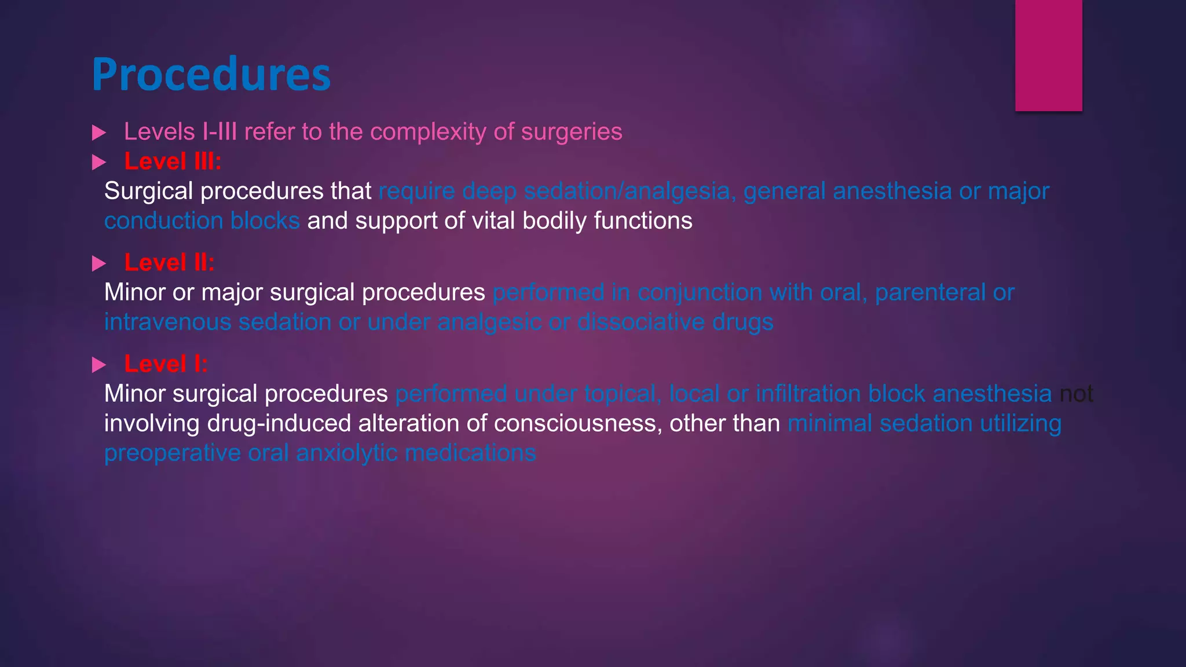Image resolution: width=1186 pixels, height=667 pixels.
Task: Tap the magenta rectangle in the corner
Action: click(x=1048, y=55)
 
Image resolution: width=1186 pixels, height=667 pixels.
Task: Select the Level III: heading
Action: click(x=173, y=162)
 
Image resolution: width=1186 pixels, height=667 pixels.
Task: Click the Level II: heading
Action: click(x=169, y=263)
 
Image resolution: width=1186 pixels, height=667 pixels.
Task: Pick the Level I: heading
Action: click(x=166, y=364)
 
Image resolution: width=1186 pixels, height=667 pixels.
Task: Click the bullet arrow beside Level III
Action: click(x=99, y=163)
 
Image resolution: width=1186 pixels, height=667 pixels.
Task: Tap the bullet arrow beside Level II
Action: click(x=99, y=264)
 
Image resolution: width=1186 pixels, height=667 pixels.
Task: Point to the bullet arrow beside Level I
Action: click(x=99, y=365)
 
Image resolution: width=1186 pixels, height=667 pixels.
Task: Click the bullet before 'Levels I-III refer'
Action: click(x=99, y=133)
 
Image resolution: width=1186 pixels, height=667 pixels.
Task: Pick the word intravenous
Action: click(x=167, y=322)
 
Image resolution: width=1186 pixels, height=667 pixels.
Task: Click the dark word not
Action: click(x=1076, y=394)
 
